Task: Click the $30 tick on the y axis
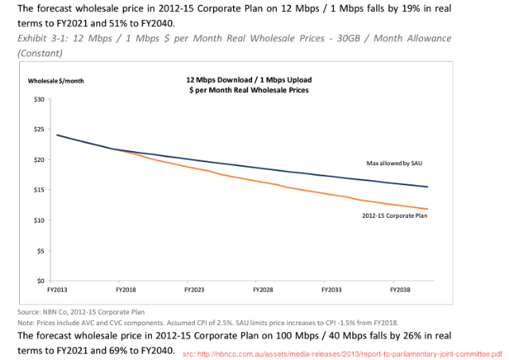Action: point(39,99)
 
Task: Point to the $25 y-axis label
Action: point(39,129)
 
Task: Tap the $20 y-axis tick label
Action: point(39,159)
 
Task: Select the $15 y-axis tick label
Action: point(39,190)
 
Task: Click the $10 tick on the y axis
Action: point(39,220)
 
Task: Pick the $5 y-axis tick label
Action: point(41,250)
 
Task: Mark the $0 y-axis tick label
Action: point(41,281)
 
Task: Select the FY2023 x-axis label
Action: point(195,291)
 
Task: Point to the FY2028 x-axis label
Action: point(263,291)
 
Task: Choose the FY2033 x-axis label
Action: point(332,291)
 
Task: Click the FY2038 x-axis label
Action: point(400,291)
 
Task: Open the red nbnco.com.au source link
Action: point(342,352)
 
